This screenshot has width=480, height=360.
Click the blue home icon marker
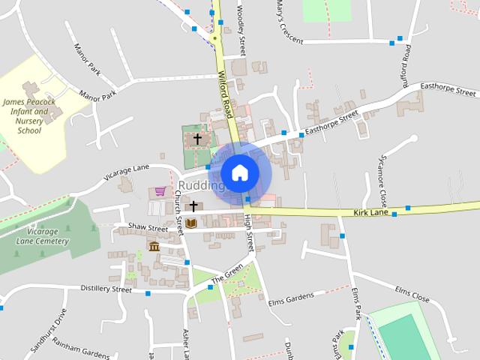tap(239, 172)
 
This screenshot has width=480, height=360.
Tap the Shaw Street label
tap(148, 226)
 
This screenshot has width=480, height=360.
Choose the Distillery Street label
tap(106, 289)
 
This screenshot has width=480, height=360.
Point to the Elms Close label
tap(412, 294)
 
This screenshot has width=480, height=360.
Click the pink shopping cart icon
tap(160, 192)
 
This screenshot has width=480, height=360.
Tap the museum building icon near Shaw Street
tap(154, 247)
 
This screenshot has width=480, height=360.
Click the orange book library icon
tap(192, 223)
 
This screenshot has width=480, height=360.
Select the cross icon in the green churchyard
tap(198, 139)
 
